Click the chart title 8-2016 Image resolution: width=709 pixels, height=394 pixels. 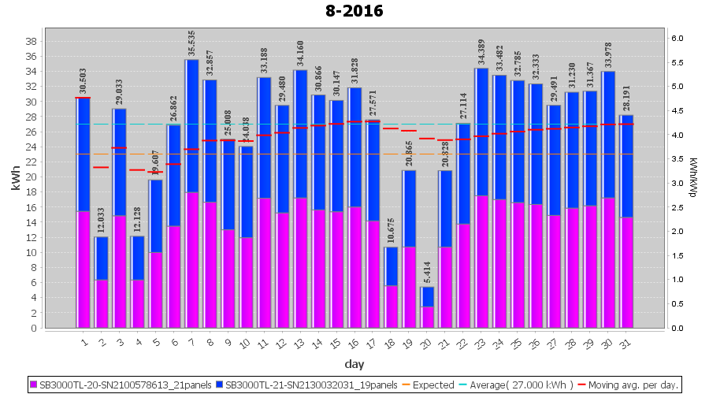(x=354, y=11)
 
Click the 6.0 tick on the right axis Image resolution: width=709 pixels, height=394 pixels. (x=676, y=38)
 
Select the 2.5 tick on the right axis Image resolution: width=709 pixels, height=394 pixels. (x=676, y=207)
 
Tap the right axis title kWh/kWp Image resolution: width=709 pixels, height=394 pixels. (x=692, y=183)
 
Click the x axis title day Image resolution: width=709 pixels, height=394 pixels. (x=354, y=364)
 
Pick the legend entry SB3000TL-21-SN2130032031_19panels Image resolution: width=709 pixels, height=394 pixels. (x=310, y=385)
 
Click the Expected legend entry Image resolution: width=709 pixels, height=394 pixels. (x=429, y=385)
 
